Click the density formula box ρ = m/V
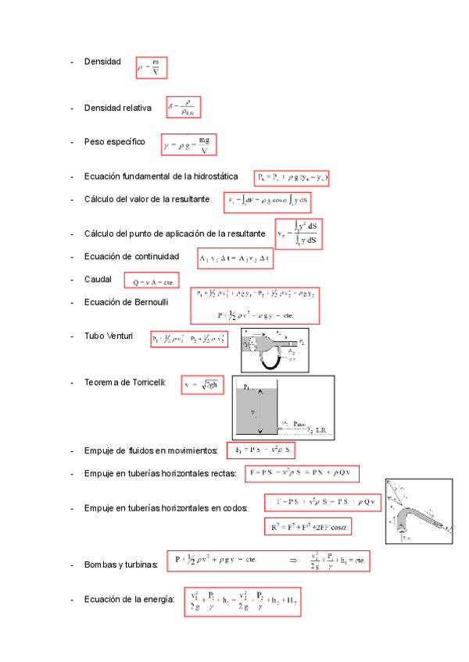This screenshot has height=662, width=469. point(151,68)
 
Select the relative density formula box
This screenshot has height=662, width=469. point(184,107)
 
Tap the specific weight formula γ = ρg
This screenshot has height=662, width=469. point(188,144)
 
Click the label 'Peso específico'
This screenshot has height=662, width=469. point(114,142)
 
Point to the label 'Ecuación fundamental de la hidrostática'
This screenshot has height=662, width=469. point(160,177)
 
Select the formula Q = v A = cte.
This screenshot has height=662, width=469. point(153,281)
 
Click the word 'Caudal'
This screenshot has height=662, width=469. point(98,279)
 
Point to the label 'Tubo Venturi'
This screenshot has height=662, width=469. point(109,336)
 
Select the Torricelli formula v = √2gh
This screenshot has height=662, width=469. point(202,384)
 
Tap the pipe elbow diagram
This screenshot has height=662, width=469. point(419,511)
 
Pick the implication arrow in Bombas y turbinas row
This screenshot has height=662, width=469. point(293,560)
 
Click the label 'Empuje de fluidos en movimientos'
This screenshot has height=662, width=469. point(151,451)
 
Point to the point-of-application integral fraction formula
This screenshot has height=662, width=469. point(299,234)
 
